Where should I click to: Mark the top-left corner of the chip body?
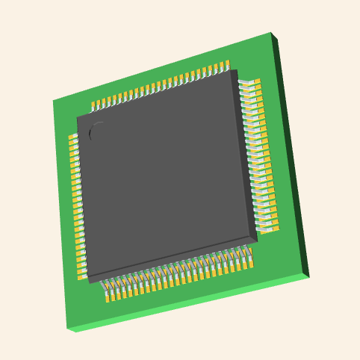(77, 117)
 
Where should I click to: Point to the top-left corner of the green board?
(53, 101)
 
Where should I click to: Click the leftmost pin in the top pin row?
(94, 105)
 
